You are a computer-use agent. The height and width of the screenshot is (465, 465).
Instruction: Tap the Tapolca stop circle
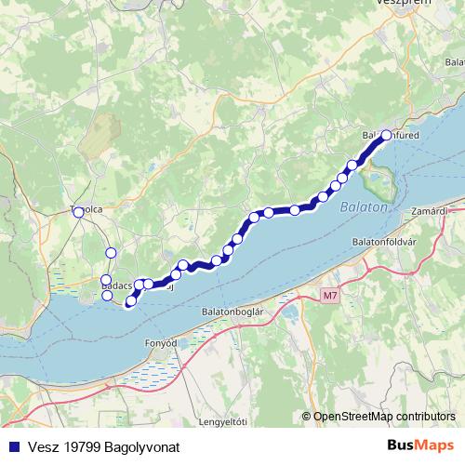point(78,212)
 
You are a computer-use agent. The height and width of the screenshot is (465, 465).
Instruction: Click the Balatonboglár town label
point(233,312)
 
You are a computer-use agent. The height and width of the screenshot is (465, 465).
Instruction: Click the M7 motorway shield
point(330,296)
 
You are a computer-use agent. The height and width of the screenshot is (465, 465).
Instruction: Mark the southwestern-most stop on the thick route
point(130,300)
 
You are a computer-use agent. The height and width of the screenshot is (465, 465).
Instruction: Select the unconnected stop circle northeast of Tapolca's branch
point(111,252)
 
